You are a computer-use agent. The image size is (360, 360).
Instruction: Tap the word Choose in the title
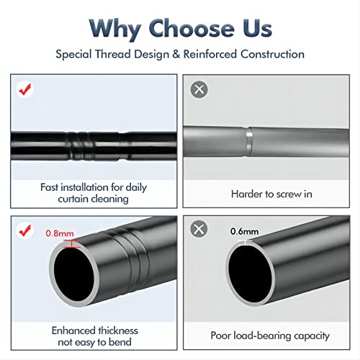192,28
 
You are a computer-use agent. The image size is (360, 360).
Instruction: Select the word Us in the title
257,28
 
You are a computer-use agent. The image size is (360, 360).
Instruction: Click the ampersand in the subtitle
176,54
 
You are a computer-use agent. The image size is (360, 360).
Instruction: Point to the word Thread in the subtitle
113,54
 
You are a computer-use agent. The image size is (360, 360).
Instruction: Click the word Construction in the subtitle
272,54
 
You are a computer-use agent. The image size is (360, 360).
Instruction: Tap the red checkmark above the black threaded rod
25,89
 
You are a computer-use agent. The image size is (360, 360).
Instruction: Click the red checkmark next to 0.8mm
25,230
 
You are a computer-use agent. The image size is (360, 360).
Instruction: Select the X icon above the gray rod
199,89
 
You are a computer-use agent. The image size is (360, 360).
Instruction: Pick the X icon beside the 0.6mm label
199,229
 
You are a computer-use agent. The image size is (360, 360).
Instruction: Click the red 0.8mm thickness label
60,233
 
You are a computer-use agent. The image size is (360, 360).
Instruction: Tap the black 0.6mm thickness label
244,231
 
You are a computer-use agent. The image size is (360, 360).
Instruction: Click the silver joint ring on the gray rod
249,142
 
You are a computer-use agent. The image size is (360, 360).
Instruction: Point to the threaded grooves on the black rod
81,145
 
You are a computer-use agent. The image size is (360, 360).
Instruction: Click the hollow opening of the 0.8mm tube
74,274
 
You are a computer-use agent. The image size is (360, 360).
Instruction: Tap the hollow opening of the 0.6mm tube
251,273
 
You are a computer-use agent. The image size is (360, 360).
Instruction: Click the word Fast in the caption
49,187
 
